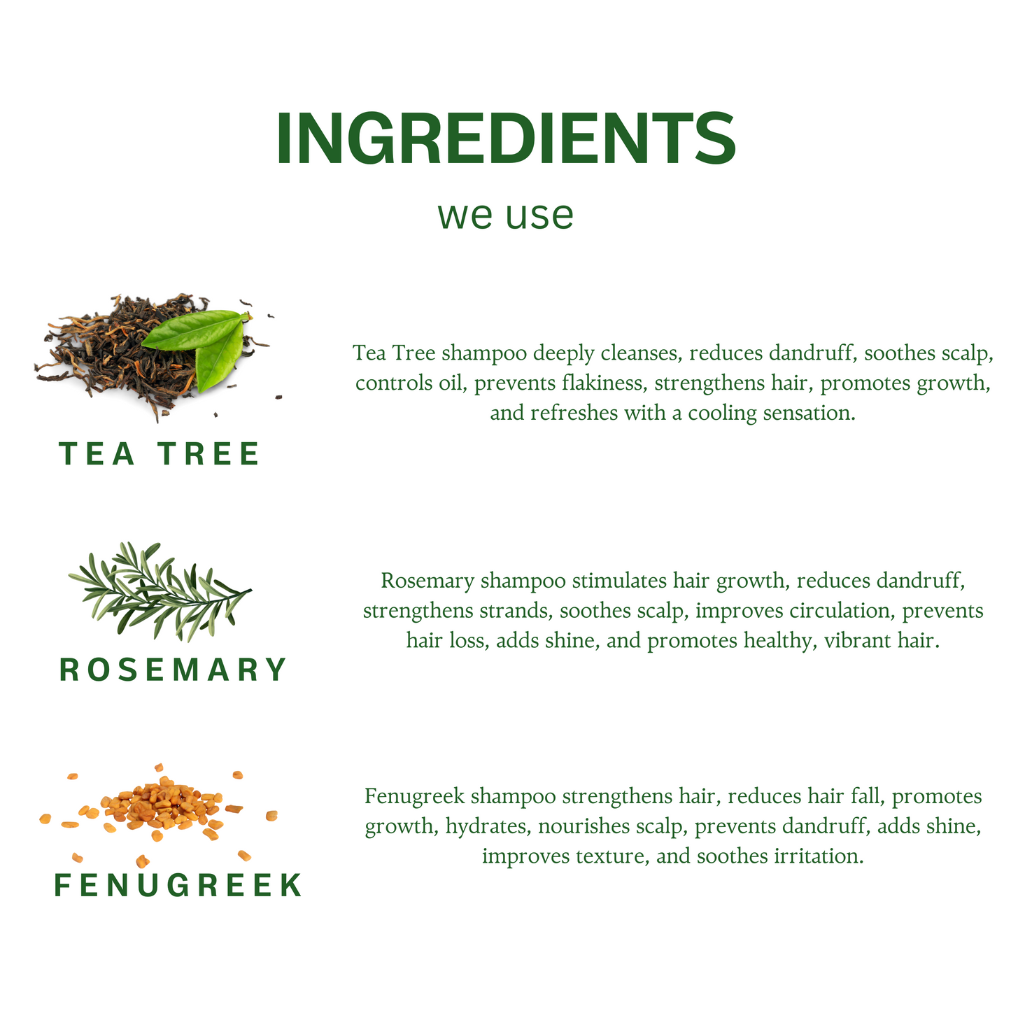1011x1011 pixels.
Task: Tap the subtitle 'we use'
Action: tap(506, 215)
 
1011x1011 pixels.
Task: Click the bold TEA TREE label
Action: tap(159, 453)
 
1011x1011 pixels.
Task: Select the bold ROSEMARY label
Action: tap(173, 670)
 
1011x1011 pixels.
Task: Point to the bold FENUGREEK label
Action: tap(178, 885)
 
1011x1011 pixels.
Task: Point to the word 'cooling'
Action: tap(722, 413)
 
